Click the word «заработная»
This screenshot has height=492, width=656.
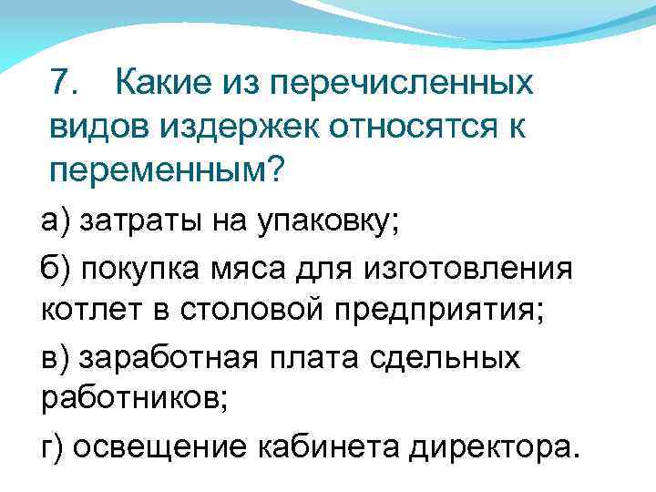[x=163, y=358]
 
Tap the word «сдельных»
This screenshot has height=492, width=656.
[x=456, y=358]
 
